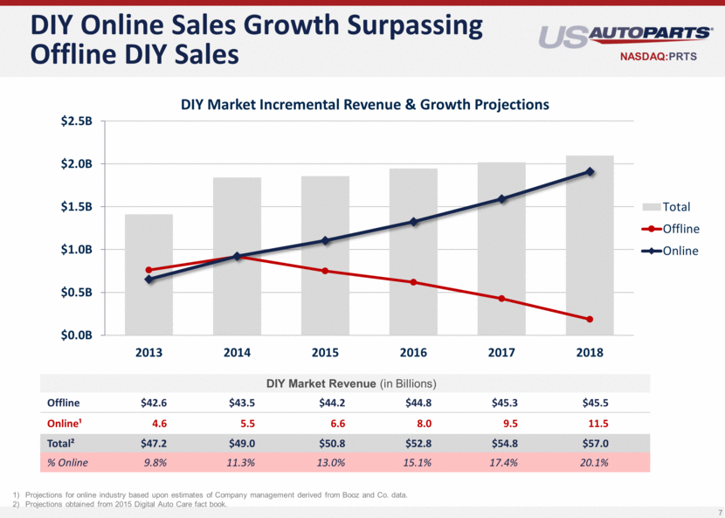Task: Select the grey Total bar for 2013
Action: [148, 274]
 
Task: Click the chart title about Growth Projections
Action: [364, 104]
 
